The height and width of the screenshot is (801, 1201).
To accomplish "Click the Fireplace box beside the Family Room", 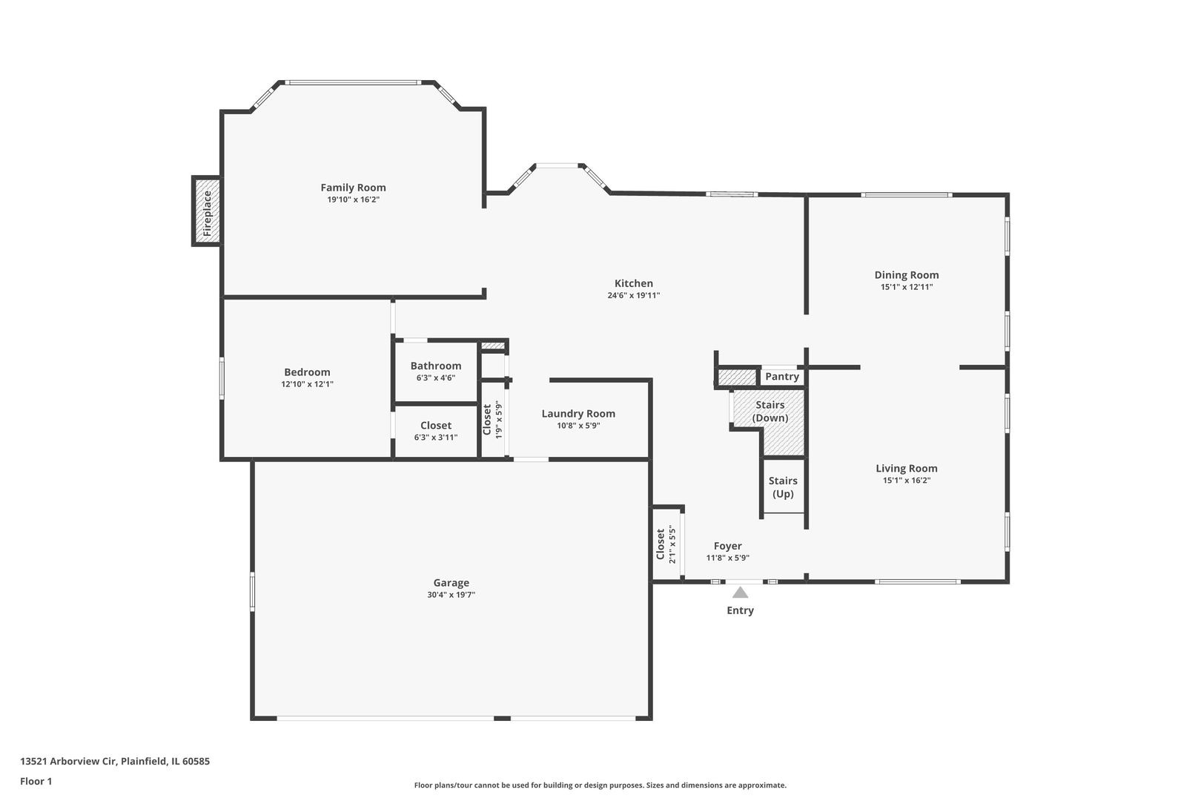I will [x=208, y=212].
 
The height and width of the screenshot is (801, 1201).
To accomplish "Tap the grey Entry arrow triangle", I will [x=740, y=592].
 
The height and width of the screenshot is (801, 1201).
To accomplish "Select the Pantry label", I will [x=782, y=377].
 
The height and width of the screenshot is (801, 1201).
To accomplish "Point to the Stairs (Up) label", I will [x=783, y=487].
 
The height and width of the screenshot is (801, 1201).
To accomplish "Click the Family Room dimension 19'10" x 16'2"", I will [x=353, y=200].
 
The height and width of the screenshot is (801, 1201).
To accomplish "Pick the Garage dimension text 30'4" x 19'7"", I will [x=451, y=595].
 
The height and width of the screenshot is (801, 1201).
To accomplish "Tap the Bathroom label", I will [x=435, y=366].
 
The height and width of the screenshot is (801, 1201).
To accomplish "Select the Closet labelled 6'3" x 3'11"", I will [x=435, y=431].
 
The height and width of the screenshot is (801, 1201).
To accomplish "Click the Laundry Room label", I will [x=578, y=414].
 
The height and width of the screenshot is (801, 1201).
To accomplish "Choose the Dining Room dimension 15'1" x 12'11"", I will [x=906, y=287].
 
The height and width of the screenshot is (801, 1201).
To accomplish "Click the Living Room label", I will [x=906, y=468].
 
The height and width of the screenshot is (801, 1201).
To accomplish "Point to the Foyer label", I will [x=727, y=546].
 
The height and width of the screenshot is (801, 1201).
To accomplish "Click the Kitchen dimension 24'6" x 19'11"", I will [x=633, y=295].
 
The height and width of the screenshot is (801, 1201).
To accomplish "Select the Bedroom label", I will [x=307, y=372].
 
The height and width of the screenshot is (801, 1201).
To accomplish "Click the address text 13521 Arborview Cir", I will [x=115, y=761].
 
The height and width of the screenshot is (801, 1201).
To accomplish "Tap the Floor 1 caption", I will [x=36, y=781].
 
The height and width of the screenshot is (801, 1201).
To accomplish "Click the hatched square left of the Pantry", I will [x=735, y=378].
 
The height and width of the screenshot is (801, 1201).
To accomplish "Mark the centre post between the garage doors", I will [x=502, y=718].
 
